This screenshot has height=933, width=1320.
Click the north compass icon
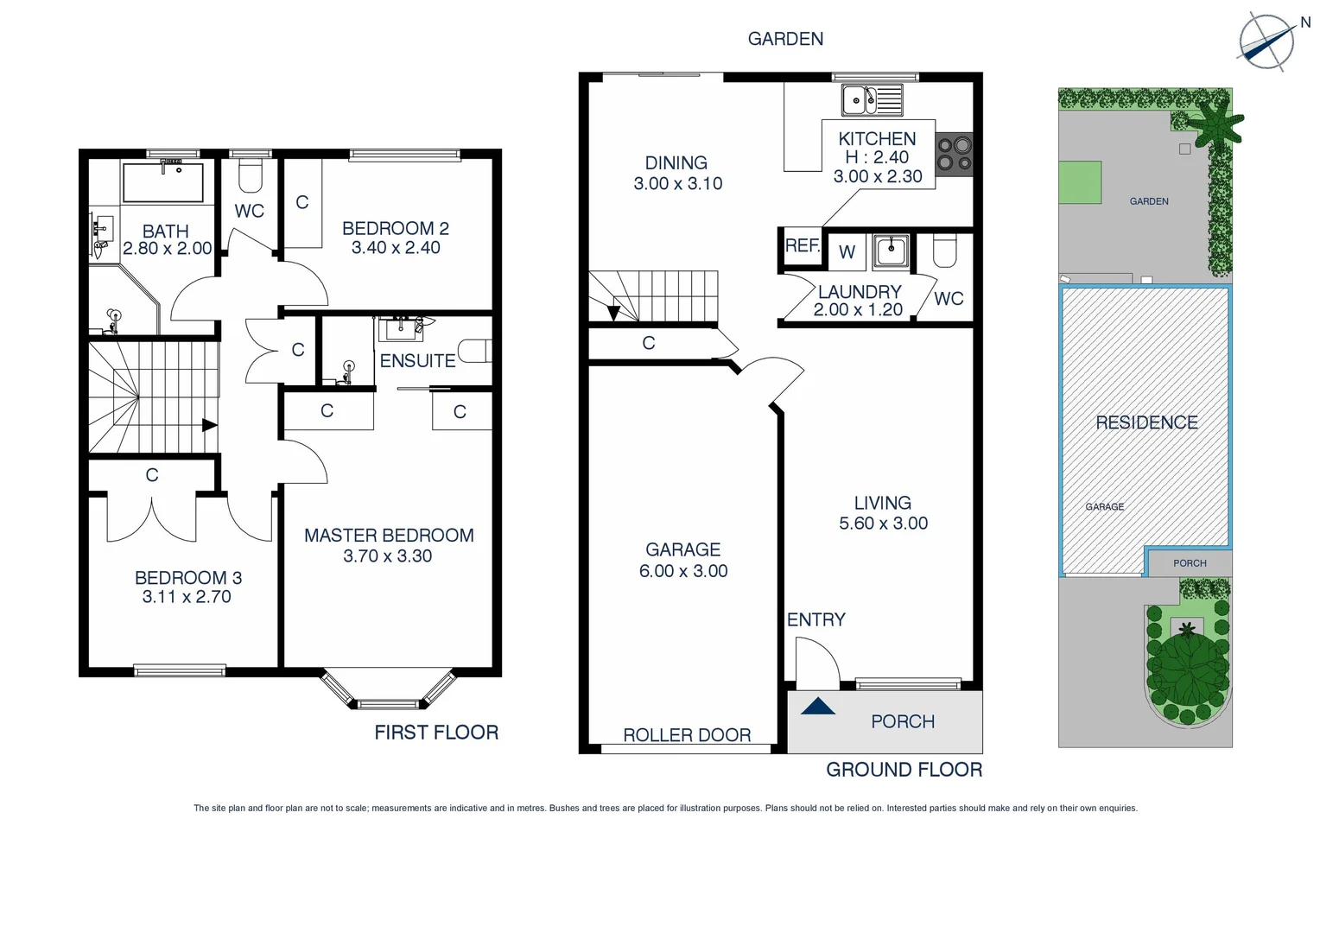coord(1266,41)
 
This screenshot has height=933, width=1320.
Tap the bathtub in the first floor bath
coord(163,182)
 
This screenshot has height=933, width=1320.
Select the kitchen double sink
coord(872,100)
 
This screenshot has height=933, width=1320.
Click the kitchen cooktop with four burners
coord(955,155)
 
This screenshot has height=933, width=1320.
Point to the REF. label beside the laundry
coord(802,246)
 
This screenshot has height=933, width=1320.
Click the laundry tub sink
coord(890,251)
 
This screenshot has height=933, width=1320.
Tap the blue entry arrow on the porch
coord(817,707)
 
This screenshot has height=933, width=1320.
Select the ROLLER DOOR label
coord(687,735)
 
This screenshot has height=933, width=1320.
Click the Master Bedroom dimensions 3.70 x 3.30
coord(387,556)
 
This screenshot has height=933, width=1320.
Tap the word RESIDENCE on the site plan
coord(1146,422)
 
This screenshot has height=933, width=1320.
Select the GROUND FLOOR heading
coord(904,770)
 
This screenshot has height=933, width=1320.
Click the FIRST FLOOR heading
coord(436,733)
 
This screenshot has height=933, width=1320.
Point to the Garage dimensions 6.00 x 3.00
coord(683,571)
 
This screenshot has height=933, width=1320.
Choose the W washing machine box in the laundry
coord(847,251)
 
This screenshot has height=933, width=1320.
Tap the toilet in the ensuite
coord(474,351)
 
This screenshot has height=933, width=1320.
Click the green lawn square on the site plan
coord(1080,182)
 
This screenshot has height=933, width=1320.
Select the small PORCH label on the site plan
coord(1190,563)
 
